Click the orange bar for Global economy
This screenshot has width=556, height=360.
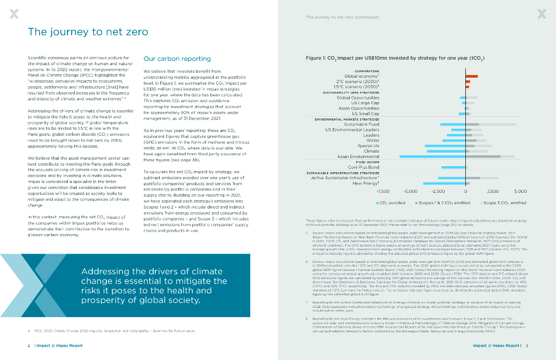(x=471, y=77)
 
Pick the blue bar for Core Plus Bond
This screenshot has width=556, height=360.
(x=453, y=167)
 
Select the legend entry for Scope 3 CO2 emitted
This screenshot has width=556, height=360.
(x=502, y=203)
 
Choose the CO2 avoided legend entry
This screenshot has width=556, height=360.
(x=390, y=203)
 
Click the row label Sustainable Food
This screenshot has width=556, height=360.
(x=362, y=124)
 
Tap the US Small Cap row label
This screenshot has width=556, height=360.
(x=365, y=113)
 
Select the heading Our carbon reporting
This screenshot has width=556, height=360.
(x=177, y=59)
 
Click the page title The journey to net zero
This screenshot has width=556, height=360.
(x=88, y=32)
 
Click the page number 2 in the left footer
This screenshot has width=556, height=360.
(x=29, y=345)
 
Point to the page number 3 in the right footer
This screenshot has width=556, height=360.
(x=527, y=345)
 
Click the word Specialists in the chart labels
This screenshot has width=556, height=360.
(x=368, y=146)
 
